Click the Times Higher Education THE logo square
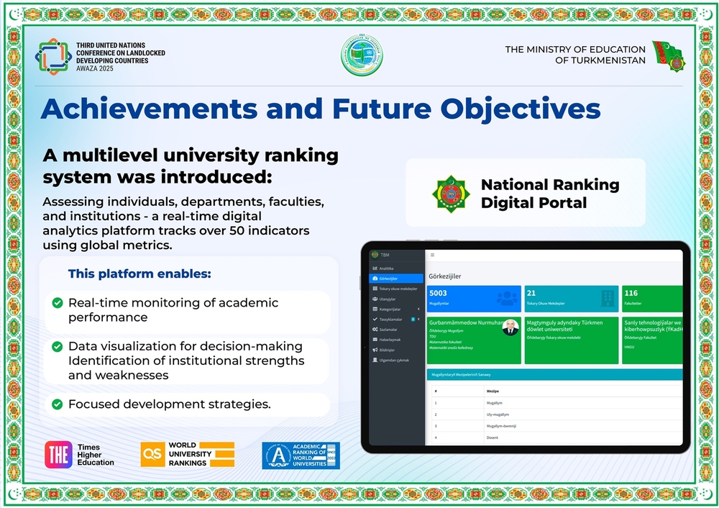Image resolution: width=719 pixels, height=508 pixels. click(x=58, y=455)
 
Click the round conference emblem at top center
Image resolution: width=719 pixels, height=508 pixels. click(x=362, y=55)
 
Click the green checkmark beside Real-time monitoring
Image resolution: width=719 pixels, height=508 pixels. click(x=58, y=303)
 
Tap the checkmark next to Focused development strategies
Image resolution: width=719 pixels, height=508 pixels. click(x=58, y=404)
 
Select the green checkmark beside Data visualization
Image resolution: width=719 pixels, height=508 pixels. click(x=58, y=347)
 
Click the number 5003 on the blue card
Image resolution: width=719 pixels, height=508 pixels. click(x=438, y=293)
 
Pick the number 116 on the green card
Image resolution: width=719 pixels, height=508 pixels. click(x=631, y=293)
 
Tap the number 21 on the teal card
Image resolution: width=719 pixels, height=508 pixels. click(x=531, y=293)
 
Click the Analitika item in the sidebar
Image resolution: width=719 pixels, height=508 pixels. click(x=387, y=268)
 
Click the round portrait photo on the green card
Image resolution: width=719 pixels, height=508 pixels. click(x=510, y=327)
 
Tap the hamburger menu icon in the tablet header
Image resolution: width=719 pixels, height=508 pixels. click(x=431, y=255)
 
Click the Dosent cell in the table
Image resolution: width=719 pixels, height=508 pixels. click(x=492, y=437)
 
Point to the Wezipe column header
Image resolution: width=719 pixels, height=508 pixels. click(x=493, y=391)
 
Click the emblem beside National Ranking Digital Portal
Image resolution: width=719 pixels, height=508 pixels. click(x=451, y=193)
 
